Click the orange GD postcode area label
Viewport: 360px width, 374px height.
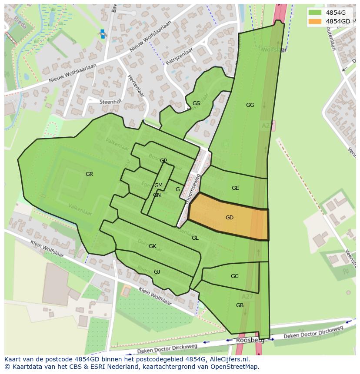tap(229, 218)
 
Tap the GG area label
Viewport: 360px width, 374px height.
tap(250, 105)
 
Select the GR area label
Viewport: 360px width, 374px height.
tap(89, 174)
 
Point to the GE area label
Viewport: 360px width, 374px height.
tap(235, 188)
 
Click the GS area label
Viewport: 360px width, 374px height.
tap(196, 103)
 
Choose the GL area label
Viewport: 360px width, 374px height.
tap(195, 238)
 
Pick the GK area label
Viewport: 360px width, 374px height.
tap(152, 246)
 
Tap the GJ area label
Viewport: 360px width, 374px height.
tap(157, 272)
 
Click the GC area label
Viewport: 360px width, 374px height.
tap(234, 276)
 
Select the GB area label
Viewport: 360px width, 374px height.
tap(240, 305)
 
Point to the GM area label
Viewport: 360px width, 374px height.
tap(158, 185)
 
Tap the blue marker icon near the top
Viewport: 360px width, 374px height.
tap(103, 34)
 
